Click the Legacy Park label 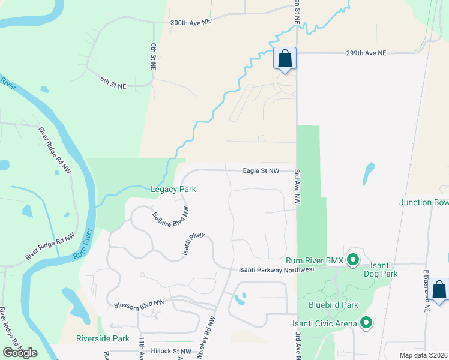[x=173, y=189]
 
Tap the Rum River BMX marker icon [x=354, y=260]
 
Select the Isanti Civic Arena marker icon [x=366, y=324]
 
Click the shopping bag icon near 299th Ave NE [x=285, y=59]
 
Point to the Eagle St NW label [x=261, y=171]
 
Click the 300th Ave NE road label [x=191, y=22]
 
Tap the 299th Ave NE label [x=366, y=53]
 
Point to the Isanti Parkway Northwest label [x=277, y=269]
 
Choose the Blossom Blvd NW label [x=139, y=305]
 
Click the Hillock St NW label [x=170, y=351]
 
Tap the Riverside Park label [x=103, y=339]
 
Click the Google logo [x=20, y=352]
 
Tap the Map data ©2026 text [x=423, y=355]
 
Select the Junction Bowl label [x=424, y=202]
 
